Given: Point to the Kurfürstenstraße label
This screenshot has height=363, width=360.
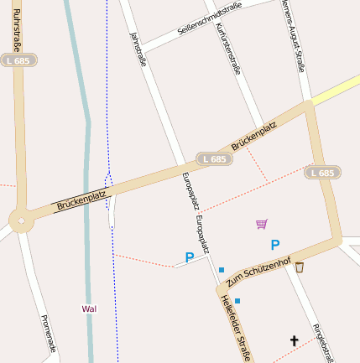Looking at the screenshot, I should [x=228, y=49].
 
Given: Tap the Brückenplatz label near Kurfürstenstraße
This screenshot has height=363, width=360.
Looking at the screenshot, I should [x=253, y=136].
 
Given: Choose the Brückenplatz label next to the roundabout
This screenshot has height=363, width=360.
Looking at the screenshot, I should [x=82, y=200].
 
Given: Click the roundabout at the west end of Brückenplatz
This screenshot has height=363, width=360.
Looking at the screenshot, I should [x=19, y=220].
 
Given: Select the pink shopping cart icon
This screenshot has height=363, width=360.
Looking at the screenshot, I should [x=262, y=224].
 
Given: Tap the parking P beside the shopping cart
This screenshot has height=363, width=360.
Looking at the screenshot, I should [x=274, y=245].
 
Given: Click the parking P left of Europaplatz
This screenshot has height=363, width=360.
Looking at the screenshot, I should [x=190, y=257].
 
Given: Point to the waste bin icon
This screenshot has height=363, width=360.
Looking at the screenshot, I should [x=300, y=267].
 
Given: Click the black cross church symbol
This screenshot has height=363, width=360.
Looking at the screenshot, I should [x=295, y=340].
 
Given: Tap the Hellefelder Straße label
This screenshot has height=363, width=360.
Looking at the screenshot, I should [x=235, y=329].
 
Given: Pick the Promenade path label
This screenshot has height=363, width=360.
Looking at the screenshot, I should [x=48, y=334].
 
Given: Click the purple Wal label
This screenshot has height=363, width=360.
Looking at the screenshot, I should [x=89, y=309].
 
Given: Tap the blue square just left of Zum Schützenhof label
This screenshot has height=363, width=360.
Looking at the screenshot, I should [x=222, y=270].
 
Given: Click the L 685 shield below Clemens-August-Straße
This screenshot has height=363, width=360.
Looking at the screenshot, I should [x=321, y=173].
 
